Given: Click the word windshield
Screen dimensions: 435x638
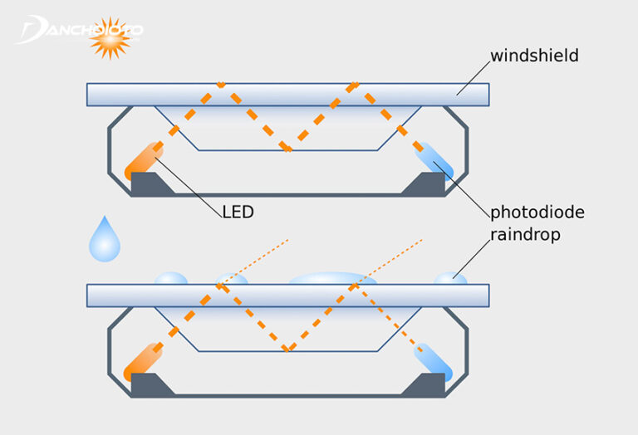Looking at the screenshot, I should (534, 57).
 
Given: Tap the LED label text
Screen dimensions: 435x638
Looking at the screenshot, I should (238, 212).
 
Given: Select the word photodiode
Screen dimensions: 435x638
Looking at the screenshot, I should (537, 213).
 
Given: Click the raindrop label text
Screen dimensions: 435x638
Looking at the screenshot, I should (525, 235).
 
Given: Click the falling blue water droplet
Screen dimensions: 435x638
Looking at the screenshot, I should (105, 241).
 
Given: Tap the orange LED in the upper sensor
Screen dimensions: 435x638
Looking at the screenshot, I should (144, 160).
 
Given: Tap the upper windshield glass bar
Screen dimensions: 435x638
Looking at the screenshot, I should (287, 94).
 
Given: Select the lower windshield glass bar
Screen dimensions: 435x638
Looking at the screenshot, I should (287, 295).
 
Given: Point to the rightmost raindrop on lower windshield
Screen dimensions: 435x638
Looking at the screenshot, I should (451, 278).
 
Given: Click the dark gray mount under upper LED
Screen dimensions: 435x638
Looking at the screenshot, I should (150, 184).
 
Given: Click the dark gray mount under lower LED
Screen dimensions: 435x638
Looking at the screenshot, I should (150, 385).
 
